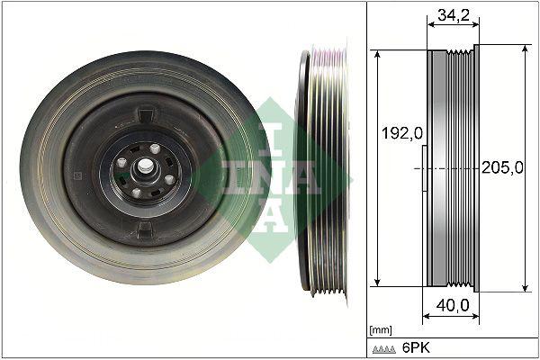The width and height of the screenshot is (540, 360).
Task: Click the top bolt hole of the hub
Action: (155, 148)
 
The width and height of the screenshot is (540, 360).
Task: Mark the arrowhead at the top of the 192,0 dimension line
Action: (379, 54)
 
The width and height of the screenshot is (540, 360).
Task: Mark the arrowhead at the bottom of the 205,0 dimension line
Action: (525, 287)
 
